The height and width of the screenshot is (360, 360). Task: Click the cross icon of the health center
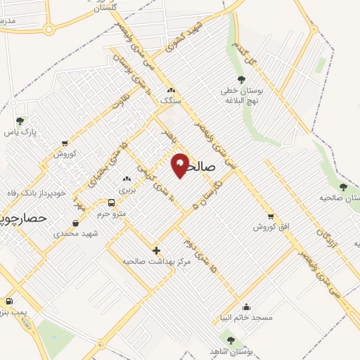[156, 250]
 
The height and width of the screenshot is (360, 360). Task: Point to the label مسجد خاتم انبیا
[245, 317]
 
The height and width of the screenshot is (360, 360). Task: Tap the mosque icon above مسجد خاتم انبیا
[246, 307]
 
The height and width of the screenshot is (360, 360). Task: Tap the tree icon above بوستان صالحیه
[342, 187]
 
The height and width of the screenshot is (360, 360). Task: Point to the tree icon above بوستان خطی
[242, 80]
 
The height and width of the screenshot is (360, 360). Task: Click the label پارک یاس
[19, 131]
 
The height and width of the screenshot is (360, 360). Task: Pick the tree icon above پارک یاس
[19, 121]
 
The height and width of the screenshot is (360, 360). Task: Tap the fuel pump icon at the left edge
[8, 301]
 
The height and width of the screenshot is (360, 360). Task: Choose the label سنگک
[170, 101]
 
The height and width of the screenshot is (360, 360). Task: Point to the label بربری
[127, 190]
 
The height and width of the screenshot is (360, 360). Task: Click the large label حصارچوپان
[22, 219]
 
